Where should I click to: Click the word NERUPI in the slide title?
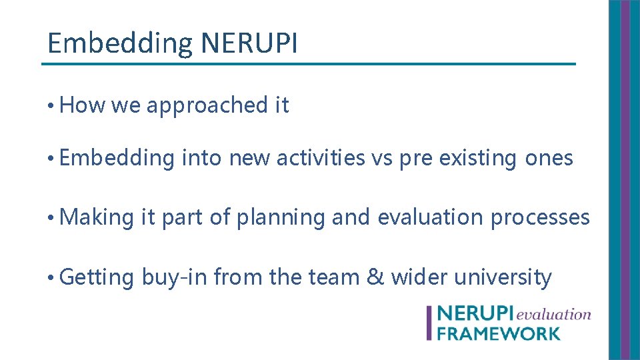click(x=249, y=44)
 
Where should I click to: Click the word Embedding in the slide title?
click(x=119, y=44)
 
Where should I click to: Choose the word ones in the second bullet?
click(x=549, y=159)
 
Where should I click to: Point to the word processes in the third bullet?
click(x=540, y=217)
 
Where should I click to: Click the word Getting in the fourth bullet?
click(x=97, y=277)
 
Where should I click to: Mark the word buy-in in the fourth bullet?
click(x=174, y=277)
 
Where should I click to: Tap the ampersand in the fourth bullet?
click(x=376, y=277)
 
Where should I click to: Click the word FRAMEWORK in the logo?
click(x=498, y=333)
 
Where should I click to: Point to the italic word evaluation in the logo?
click(x=553, y=314)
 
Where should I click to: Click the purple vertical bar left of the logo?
click(x=429, y=323)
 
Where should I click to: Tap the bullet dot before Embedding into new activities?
click(x=51, y=159)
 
